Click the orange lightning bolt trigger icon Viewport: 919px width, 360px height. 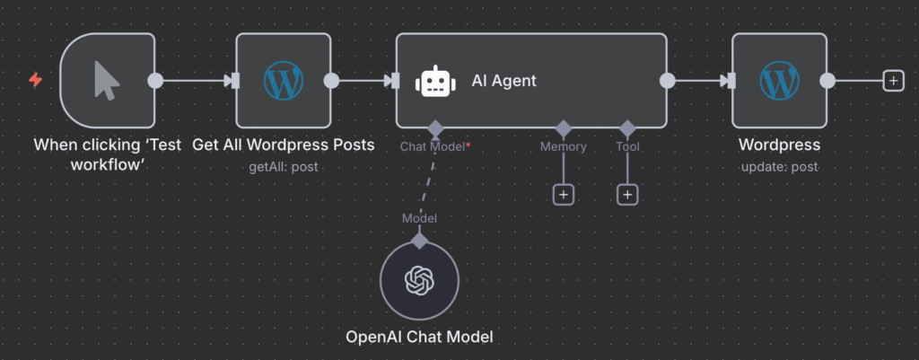(36, 81)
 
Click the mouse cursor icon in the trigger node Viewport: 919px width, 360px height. (107, 81)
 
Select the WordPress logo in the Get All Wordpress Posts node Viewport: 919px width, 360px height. (283, 81)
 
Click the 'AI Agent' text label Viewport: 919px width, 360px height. (504, 81)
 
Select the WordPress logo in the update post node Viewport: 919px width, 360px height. (779, 81)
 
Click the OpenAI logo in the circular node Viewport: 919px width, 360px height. (419, 281)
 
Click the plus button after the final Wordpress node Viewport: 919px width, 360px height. (892, 81)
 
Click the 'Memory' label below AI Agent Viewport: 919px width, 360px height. (563, 146)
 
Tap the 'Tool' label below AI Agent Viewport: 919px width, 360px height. (627, 146)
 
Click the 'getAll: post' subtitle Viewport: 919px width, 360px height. (283, 166)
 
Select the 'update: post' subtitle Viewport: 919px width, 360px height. (779, 166)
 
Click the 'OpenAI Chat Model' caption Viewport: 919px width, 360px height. (419, 338)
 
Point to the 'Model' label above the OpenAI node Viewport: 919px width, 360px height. (419, 218)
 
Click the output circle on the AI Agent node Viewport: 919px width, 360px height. (667, 81)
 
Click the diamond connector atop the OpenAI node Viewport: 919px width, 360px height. (419, 240)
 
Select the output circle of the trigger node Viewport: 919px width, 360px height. (155, 81)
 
